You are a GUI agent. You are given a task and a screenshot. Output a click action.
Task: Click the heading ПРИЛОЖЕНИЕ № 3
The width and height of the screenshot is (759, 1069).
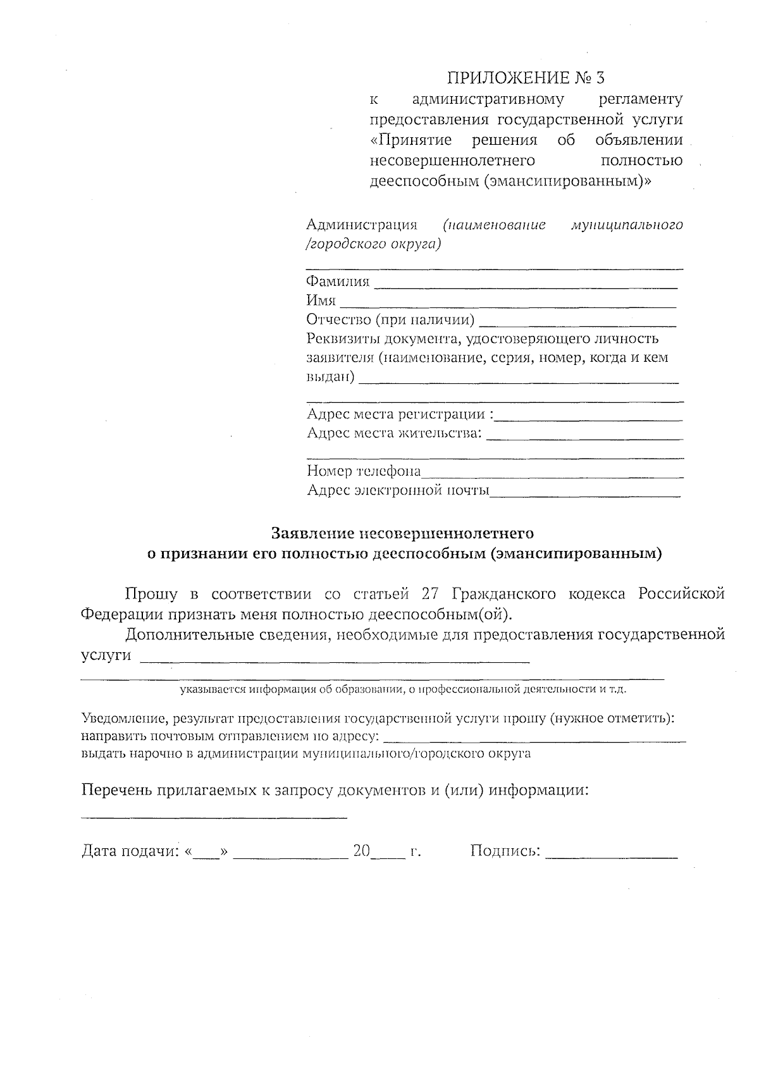pos(526,78)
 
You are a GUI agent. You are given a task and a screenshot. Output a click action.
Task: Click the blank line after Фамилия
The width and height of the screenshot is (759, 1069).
pos(525,285)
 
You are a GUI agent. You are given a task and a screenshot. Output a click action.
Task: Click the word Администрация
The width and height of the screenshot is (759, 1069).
pos(362,225)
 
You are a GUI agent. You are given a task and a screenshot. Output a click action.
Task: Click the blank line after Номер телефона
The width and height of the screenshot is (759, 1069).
pos(552,473)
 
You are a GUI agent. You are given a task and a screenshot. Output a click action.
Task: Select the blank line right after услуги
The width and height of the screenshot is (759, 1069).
pos(334,658)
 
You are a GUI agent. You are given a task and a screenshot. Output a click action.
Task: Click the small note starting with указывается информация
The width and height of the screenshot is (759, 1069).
pos(403,689)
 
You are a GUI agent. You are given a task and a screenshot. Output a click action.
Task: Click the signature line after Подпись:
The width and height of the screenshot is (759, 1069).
pos(611,855)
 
